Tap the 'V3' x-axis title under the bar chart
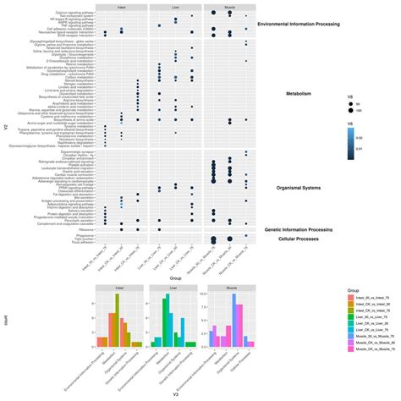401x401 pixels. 174,395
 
